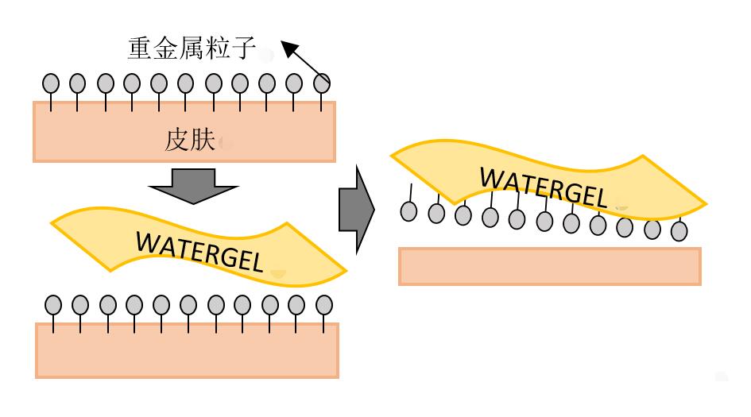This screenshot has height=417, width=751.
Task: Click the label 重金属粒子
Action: tap(192, 49)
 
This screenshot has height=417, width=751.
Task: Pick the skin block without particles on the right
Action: tap(549, 266)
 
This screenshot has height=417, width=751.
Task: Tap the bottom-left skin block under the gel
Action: tap(187, 349)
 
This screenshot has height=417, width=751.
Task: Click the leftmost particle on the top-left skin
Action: tap(50, 82)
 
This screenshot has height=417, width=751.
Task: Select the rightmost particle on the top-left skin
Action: tap(322, 82)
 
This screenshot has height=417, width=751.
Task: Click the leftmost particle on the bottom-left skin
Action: tap(53, 304)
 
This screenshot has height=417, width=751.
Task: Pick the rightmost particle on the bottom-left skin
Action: tap(323, 304)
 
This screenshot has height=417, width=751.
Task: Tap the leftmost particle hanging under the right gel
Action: tap(408, 212)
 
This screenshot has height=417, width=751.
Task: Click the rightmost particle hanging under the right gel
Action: tap(679, 231)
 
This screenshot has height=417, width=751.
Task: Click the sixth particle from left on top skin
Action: tap(186, 82)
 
